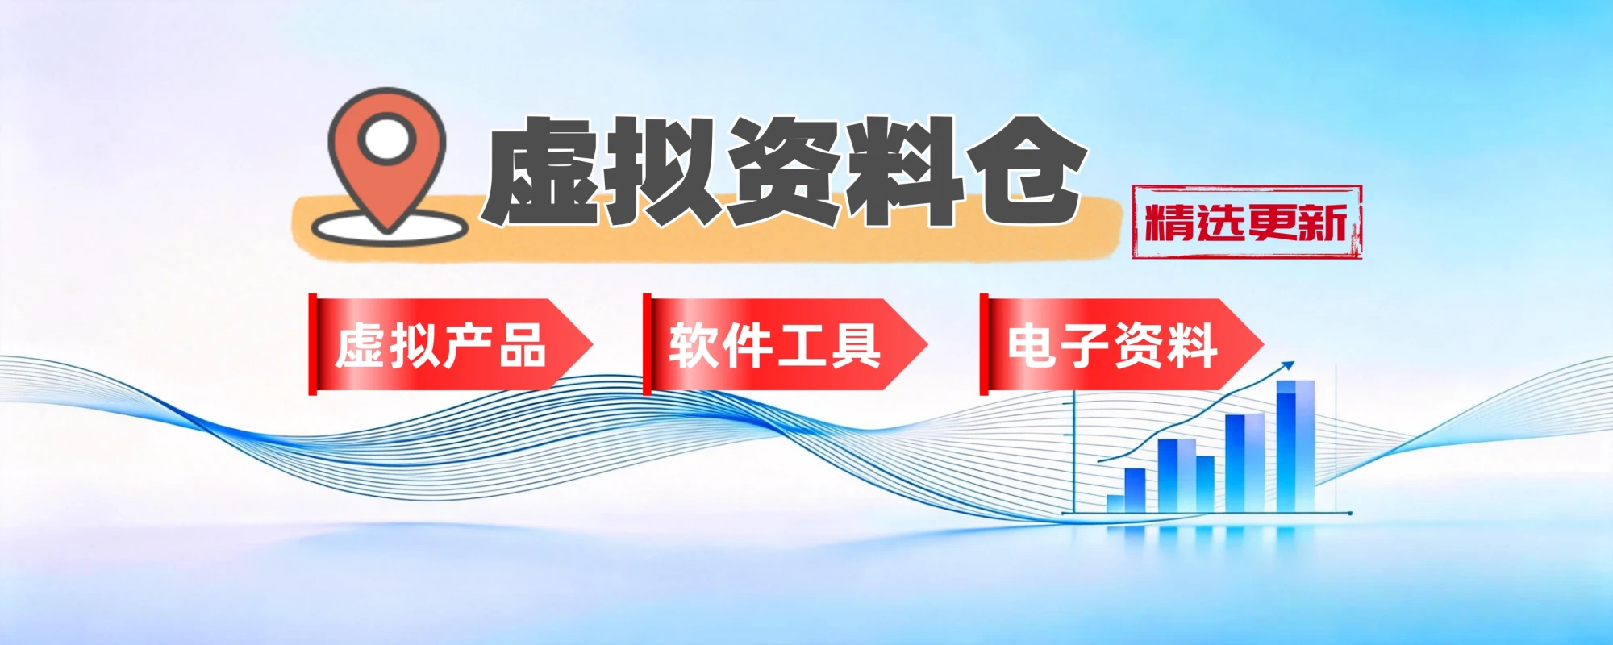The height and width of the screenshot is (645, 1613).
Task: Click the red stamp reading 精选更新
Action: tap(1247, 222)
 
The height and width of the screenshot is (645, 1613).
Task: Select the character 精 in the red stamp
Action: tap(1169, 223)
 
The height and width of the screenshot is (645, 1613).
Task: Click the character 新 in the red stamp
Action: tap(1323, 223)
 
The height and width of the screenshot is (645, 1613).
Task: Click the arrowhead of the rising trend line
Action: tap(1288, 366)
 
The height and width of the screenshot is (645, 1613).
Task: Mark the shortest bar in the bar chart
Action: tap(1115, 503)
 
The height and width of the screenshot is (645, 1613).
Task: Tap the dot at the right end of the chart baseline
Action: tap(1349, 513)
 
